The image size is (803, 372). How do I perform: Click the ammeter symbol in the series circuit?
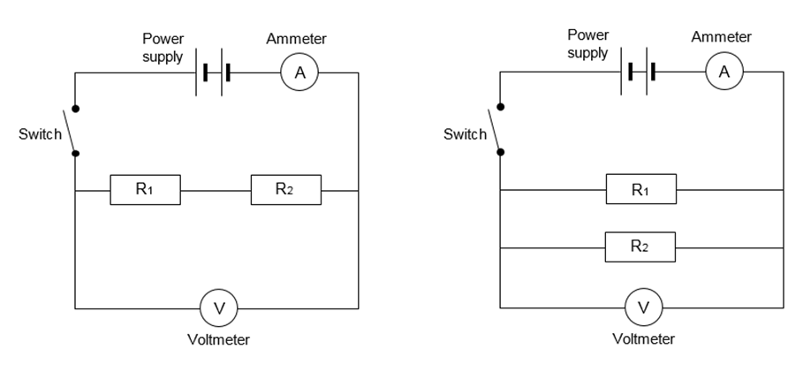point(299,74)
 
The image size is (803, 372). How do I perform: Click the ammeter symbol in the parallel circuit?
point(724,72)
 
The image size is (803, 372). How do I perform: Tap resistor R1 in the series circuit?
point(145,190)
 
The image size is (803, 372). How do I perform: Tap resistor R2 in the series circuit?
point(286,190)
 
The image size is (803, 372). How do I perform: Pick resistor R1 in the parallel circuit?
point(640,190)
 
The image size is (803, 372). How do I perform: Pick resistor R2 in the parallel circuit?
point(640,247)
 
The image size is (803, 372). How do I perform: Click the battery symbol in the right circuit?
point(640,72)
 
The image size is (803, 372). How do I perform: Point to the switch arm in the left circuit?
point(69,131)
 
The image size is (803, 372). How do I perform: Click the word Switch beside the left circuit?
point(41,135)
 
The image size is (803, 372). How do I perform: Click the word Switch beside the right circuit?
point(465,134)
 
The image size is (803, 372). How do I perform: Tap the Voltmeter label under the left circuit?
point(218,340)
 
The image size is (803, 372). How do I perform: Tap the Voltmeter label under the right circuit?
point(643,339)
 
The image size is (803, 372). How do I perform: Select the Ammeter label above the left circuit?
point(296,39)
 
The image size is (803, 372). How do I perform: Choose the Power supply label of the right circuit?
point(587,44)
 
